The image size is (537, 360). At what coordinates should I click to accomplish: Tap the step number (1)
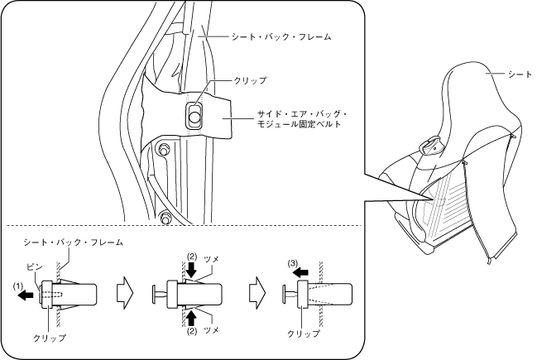(18, 285)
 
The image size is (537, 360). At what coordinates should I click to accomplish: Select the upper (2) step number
(191, 256)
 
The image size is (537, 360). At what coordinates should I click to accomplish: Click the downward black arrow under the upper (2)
(191, 271)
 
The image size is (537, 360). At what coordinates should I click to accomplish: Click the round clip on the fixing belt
(194, 118)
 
